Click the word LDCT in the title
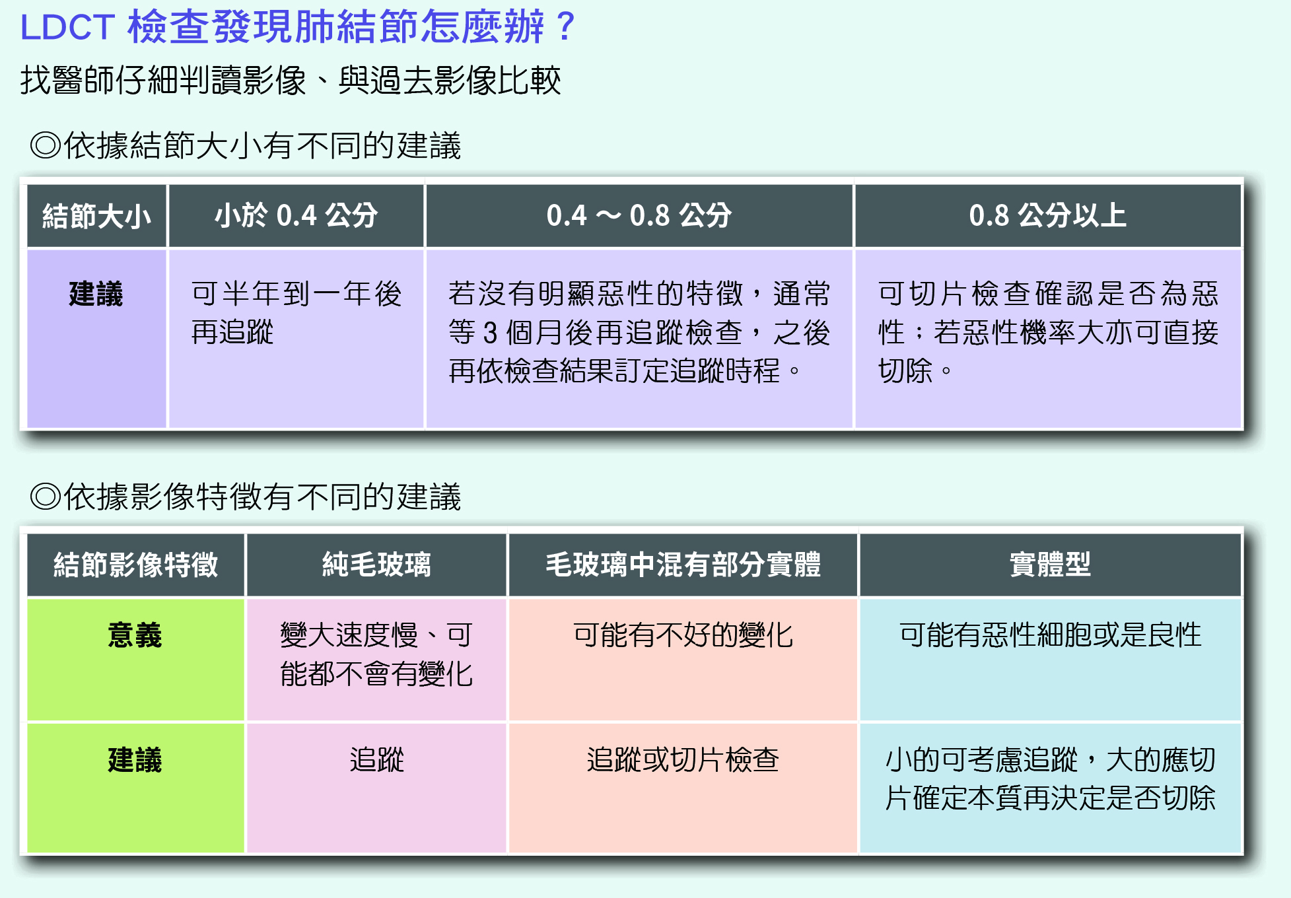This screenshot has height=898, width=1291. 68,28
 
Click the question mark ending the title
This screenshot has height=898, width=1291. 565,26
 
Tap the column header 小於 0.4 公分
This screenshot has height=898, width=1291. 296,215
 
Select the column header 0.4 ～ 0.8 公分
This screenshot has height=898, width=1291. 639,215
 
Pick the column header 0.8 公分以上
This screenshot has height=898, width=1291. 1047,215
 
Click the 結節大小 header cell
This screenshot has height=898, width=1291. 96,216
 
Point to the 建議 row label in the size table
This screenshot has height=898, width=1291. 96,294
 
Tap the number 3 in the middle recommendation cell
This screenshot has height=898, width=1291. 489,333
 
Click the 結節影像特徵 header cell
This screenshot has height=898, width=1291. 135,565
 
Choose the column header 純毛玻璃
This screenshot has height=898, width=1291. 376,565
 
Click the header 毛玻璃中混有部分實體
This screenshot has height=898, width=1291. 683,565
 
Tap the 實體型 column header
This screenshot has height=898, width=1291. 1050,565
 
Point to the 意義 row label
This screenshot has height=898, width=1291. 135,635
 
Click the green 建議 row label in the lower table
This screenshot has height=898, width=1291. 135,759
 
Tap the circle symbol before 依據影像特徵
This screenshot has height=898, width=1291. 46,497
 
